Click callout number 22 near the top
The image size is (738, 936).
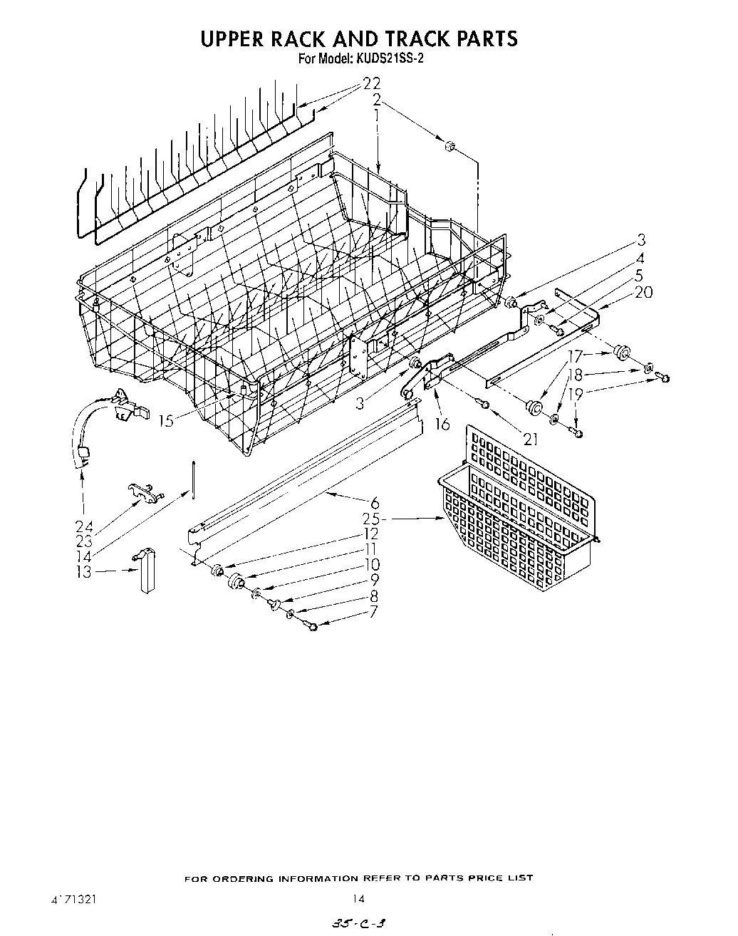[372, 83]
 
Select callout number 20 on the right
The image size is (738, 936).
[643, 291]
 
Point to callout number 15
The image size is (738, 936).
[165, 421]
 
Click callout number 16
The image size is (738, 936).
[442, 424]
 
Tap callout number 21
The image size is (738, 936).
[530, 439]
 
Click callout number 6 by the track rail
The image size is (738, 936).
[375, 503]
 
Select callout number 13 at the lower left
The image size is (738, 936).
[85, 571]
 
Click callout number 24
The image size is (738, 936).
[83, 527]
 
